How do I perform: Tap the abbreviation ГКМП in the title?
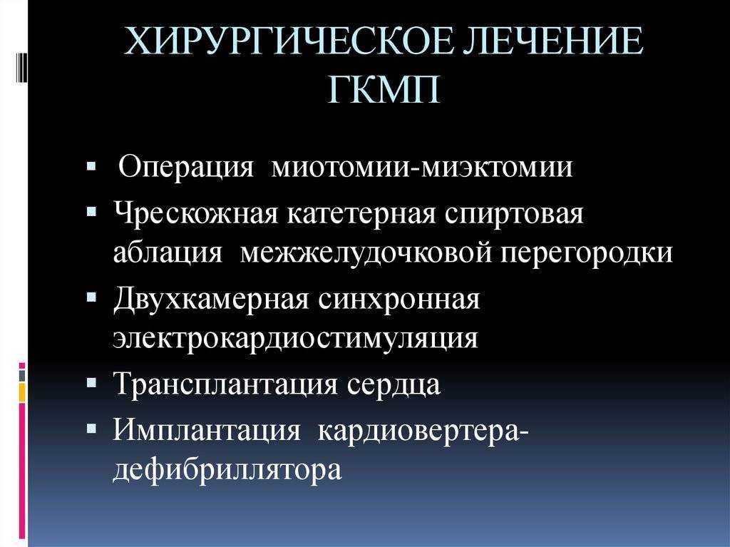384,90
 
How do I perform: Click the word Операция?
186,168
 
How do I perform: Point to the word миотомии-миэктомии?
422,168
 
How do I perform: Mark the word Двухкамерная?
211,299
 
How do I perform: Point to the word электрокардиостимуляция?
295,339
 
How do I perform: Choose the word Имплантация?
207,430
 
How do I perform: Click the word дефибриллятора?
227,469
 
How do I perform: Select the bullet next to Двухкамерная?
91,297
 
